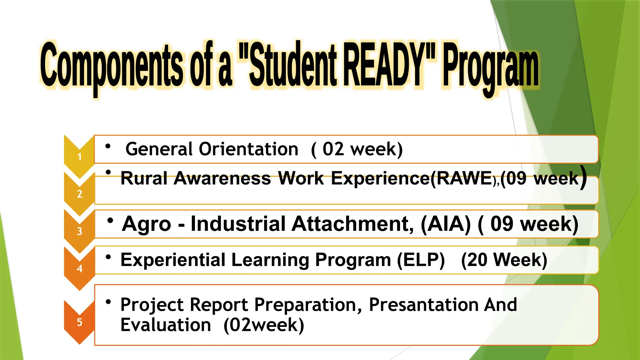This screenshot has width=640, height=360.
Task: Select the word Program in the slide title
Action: point(491,67)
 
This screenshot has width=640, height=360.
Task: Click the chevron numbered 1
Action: point(79,156)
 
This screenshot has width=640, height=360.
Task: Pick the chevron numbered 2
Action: point(79,194)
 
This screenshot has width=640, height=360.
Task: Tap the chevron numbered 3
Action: point(79,231)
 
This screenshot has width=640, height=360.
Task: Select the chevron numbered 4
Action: point(79,268)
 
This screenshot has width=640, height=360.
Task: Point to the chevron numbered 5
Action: point(79,322)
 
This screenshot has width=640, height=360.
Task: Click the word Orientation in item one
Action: point(248,149)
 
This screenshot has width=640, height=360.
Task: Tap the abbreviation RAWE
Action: point(464,178)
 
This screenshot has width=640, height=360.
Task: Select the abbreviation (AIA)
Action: point(446,224)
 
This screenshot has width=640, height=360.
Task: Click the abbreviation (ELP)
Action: point(421,260)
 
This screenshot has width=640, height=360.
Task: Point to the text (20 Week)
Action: point(504,260)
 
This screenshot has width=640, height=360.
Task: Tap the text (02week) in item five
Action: point(264,325)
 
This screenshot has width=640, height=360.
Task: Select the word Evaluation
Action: point(166,325)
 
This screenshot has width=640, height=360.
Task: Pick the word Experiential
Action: point(173,260)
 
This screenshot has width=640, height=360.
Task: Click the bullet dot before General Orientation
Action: point(108,146)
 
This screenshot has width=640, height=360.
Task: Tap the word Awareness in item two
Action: point(222,178)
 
